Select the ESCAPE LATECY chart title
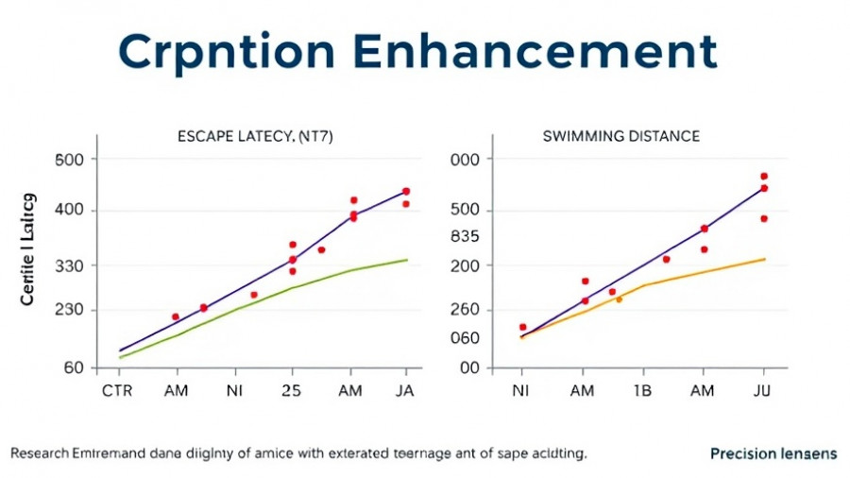tap(255, 137)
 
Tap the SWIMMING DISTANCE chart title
tap(621, 137)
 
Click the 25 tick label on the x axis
tap(292, 391)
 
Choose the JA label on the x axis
tap(405, 391)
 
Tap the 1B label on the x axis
tap(642, 391)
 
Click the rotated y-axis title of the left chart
tap(27, 249)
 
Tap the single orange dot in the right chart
tap(620, 299)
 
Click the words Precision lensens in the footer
tap(773, 453)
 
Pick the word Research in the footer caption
tap(40, 453)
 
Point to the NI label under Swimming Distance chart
tap(520, 391)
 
